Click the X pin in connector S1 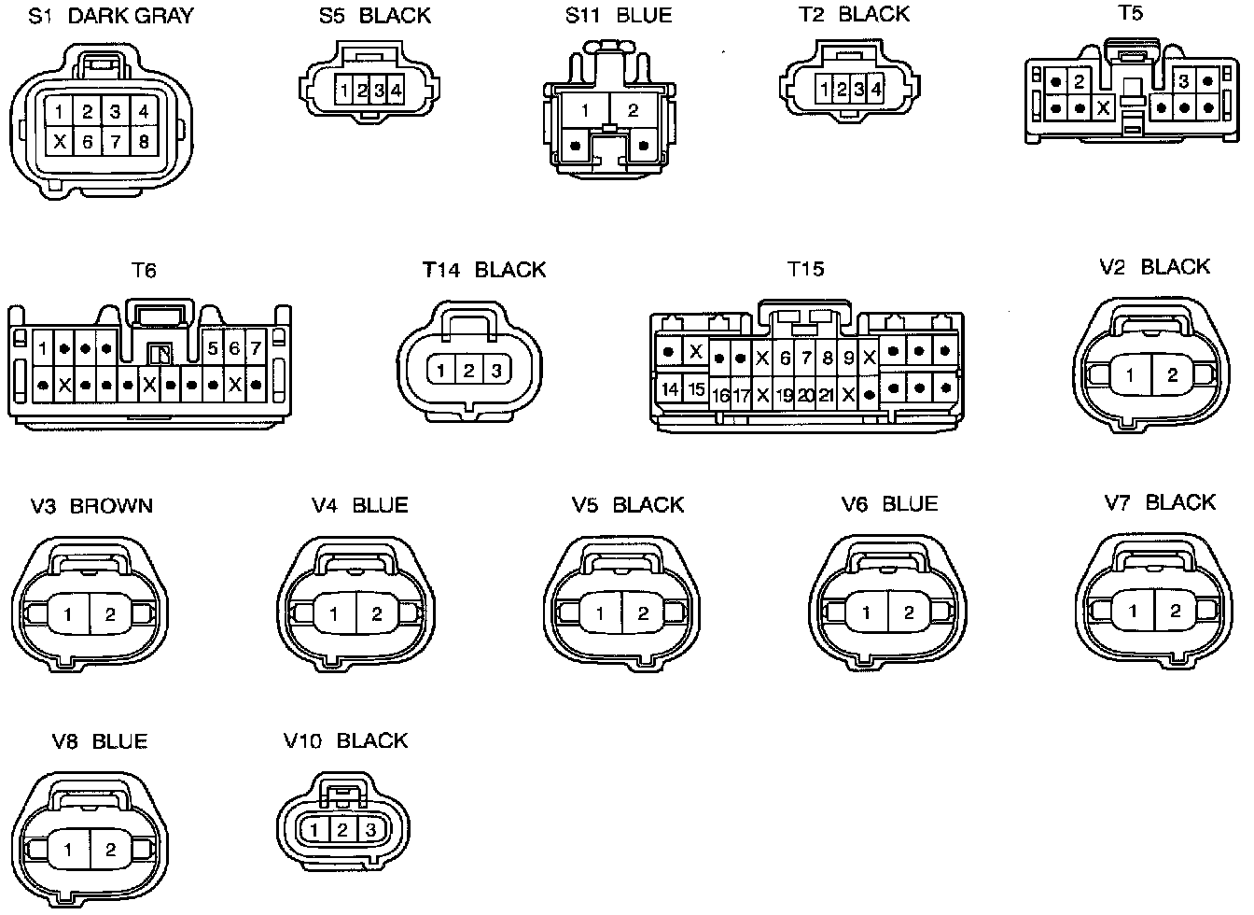[x=60, y=143]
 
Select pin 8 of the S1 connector [x=144, y=143]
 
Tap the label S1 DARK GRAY [x=111, y=16]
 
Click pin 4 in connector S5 [x=396, y=91]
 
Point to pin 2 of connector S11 [x=633, y=111]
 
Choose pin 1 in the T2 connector [x=825, y=90]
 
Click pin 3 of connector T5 [x=1183, y=82]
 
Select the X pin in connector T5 [x=1104, y=107]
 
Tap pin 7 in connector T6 [x=255, y=349]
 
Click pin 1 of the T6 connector [x=43, y=349]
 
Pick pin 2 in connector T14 [x=469, y=371]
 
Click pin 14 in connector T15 [x=670, y=388]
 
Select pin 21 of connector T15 [x=826, y=396]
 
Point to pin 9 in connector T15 [x=848, y=358]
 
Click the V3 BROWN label [x=91, y=506]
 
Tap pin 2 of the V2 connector [x=1172, y=375]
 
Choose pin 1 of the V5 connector [x=600, y=613]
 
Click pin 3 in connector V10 [x=370, y=829]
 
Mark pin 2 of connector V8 [x=110, y=850]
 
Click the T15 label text [x=806, y=270]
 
